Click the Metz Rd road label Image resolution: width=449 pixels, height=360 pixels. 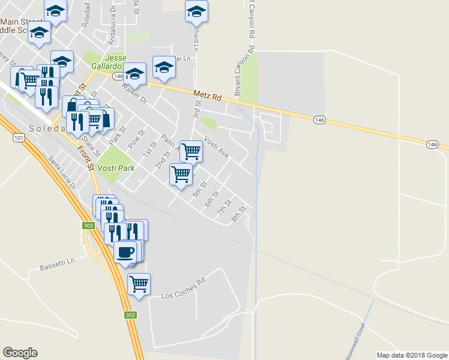pos(208,95)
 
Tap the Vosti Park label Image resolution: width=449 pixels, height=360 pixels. pos(115,169)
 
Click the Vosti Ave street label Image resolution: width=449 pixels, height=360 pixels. pos(216,147)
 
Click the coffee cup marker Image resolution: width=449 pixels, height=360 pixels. pos(125,251)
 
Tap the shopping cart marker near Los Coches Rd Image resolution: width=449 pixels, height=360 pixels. pos(139,284)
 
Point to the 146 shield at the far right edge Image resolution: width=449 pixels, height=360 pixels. pos(433,145)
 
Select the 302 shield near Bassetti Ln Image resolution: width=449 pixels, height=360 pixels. pos(86,225)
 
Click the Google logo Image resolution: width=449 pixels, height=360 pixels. pos(20,353)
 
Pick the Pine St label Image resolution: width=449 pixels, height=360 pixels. pos(137,139)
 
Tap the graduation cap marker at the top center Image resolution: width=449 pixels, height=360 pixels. pos(196,11)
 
